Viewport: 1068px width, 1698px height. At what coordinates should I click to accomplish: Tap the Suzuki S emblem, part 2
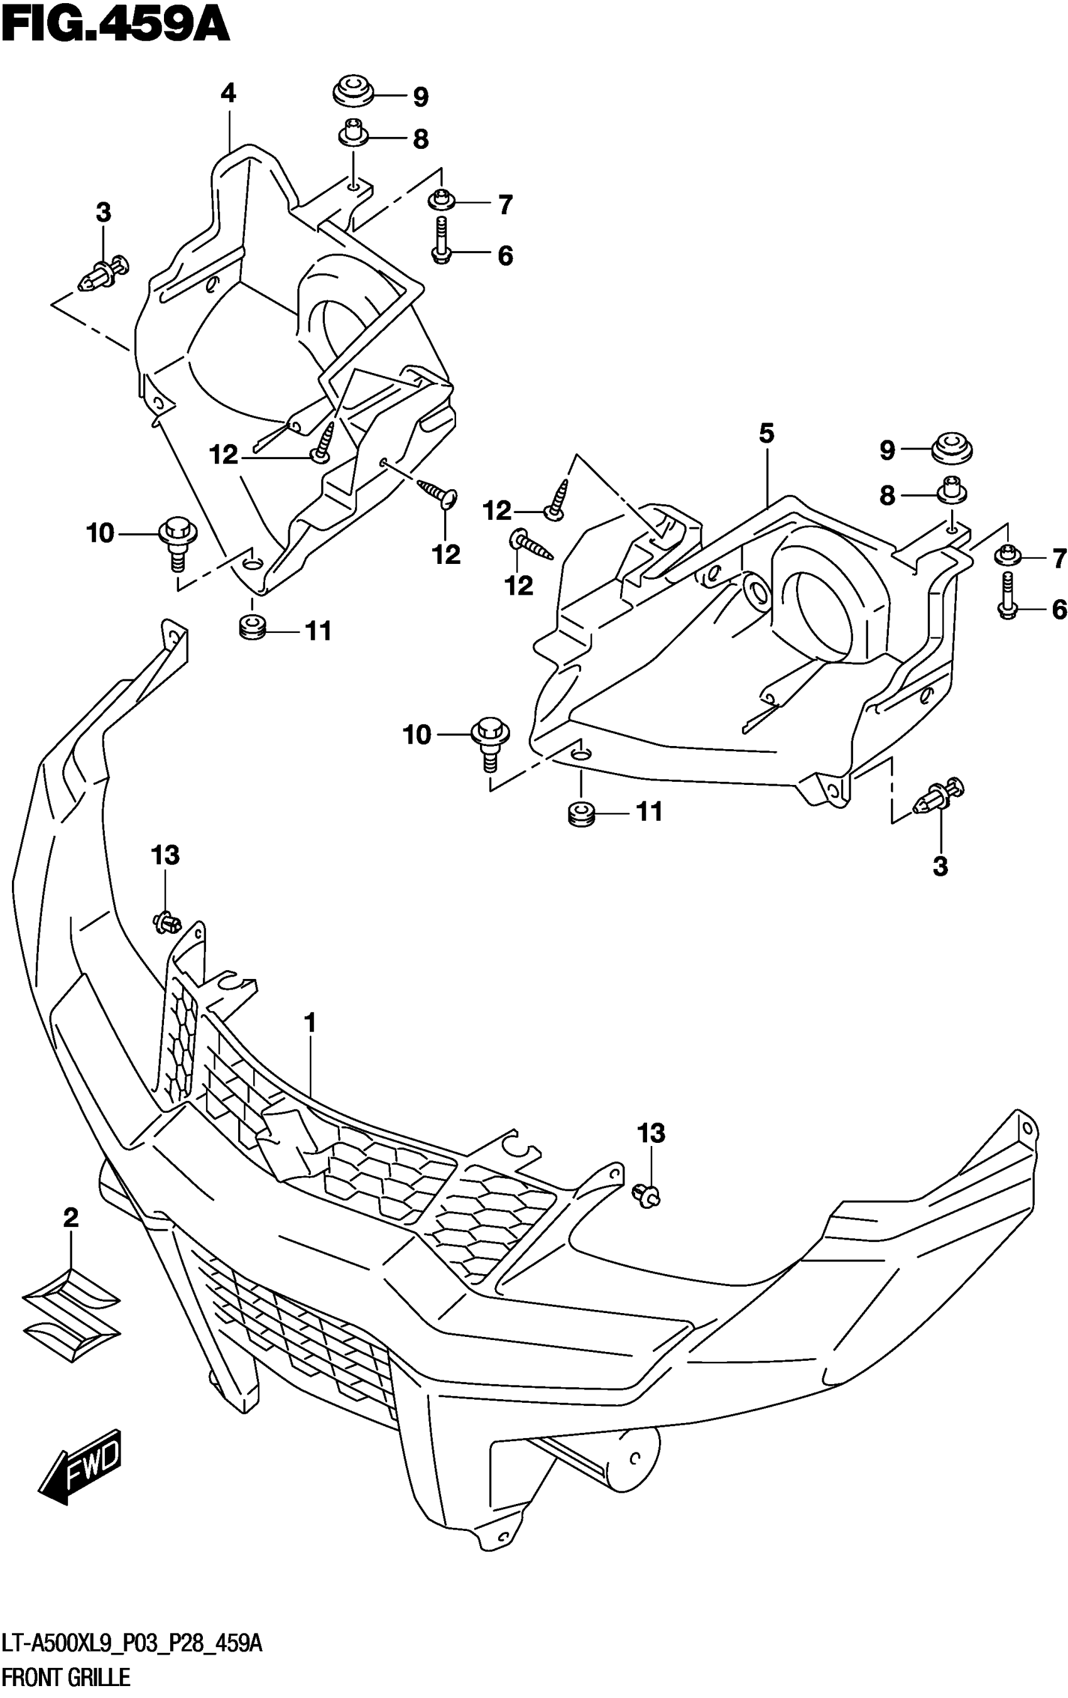[71, 1314]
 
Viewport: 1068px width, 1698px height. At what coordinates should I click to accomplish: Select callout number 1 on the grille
[309, 1022]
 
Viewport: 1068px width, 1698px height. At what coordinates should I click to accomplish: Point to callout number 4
[228, 94]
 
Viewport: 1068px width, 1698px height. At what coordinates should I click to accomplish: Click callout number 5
[766, 433]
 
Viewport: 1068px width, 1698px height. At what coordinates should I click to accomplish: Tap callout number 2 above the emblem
[70, 1217]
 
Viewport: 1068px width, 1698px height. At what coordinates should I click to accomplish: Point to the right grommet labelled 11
[581, 814]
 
